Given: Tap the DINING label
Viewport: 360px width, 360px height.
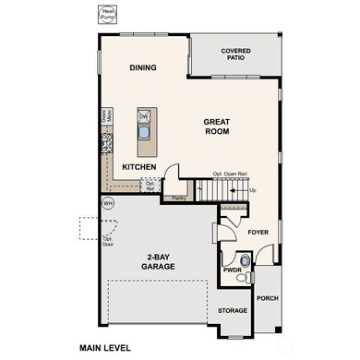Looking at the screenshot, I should (143, 67).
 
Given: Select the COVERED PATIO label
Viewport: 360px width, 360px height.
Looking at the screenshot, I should (235, 54).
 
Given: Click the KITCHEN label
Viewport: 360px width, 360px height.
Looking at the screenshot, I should (138, 167).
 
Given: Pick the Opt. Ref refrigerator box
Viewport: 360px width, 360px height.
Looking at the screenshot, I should (150, 185).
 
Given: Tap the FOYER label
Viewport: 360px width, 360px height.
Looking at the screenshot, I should (258, 234).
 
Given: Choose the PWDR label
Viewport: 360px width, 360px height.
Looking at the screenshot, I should (231, 271).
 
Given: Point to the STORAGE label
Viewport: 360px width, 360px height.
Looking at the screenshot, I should (233, 311).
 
